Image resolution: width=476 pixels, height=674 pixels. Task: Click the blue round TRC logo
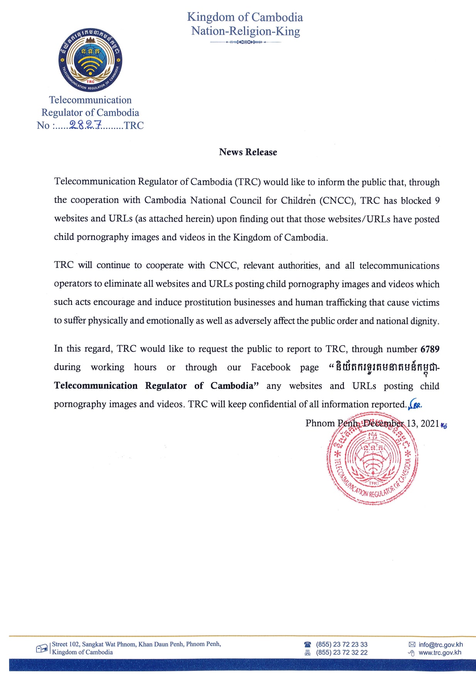tap(90, 60)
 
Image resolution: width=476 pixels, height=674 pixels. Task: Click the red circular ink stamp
tap(372, 458)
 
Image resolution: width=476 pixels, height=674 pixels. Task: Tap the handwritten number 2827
tap(86, 125)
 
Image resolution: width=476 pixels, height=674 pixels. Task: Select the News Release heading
tap(248, 152)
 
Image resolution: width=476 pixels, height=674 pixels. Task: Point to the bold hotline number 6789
tap(430, 349)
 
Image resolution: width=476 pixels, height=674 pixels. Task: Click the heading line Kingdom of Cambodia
tap(245, 17)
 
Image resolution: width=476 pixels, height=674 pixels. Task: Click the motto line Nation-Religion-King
tap(246, 31)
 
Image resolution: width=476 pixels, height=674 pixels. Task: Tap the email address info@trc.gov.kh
tap(441, 644)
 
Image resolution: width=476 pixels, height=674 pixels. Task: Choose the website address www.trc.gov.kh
tap(440, 652)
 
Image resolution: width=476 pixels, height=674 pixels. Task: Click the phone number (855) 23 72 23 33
tap(341, 644)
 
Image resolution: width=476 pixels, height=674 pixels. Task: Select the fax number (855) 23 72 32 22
tap(341, 652)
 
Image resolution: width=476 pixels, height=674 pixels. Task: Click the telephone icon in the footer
tap(307, 644)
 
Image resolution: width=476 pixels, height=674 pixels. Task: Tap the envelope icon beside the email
tap(412, 644)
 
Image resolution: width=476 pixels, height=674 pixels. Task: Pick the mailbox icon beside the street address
tap(42, 649)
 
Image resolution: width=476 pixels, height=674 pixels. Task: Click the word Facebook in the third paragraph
tap(271, 367)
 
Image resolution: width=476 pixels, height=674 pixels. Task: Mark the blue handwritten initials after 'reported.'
tap(415, 404)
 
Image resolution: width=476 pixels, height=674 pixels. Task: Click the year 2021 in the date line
tap(430, 424)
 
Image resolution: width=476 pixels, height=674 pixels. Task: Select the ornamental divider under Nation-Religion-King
tap(246, 42)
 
